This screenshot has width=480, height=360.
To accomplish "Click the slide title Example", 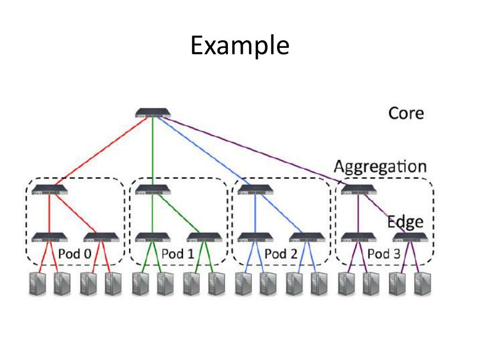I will tap(240, 46).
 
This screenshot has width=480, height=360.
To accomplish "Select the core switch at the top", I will tap(153, 113).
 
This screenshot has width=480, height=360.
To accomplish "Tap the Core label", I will tap(406, 113).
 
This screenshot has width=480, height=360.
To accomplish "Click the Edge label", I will tap(405, 221).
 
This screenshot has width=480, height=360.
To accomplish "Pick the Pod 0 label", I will tap(75, 254).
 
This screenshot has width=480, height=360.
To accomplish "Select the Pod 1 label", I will tap(178, 254).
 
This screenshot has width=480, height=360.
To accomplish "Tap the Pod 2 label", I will tap(281, 254).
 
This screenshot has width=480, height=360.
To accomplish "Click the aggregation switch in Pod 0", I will tap(50, 190).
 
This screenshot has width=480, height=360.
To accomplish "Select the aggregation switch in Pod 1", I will tap(153, 190).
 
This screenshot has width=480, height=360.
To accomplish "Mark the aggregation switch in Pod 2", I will tap(255, 190).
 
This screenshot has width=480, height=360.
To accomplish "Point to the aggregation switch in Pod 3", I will tap(359, 190).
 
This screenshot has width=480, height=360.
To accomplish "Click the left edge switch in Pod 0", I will tap(50, 237).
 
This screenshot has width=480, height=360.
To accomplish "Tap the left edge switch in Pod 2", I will tap(255, 237).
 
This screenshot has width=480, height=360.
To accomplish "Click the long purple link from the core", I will tap(253, 150).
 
